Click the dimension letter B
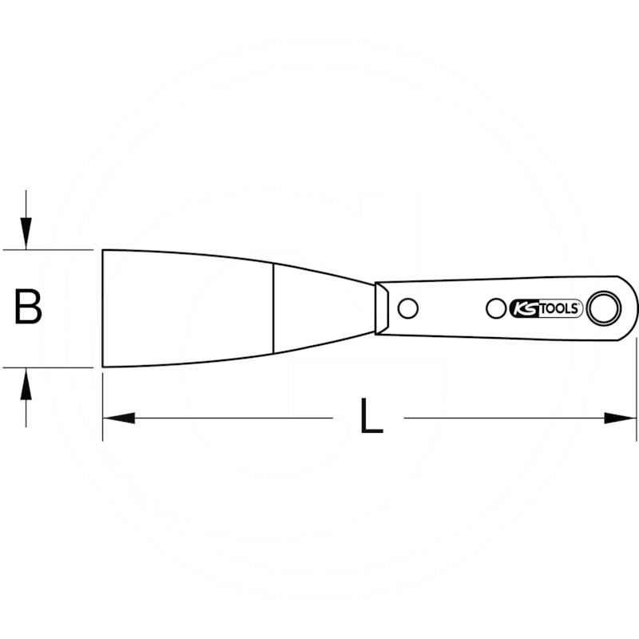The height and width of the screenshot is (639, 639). coord(29,308)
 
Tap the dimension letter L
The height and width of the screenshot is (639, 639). coord(371,417)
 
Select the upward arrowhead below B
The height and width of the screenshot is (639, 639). coord(26,385)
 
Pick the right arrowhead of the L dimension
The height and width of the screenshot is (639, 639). coord(621,418)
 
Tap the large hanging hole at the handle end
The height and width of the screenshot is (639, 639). coord(602,308)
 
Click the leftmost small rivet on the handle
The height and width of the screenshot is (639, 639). coord(407,308)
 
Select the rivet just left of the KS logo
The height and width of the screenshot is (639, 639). coord(496,308)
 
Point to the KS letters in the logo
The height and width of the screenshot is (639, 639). coord(523,309)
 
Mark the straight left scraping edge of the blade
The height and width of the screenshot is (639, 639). coord(103,308)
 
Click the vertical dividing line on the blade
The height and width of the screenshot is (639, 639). coord(274,308)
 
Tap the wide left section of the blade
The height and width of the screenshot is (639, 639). coord(188,308)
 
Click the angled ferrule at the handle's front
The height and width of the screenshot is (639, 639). coord(383,308)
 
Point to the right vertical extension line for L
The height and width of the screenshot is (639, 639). coord(637,383)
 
